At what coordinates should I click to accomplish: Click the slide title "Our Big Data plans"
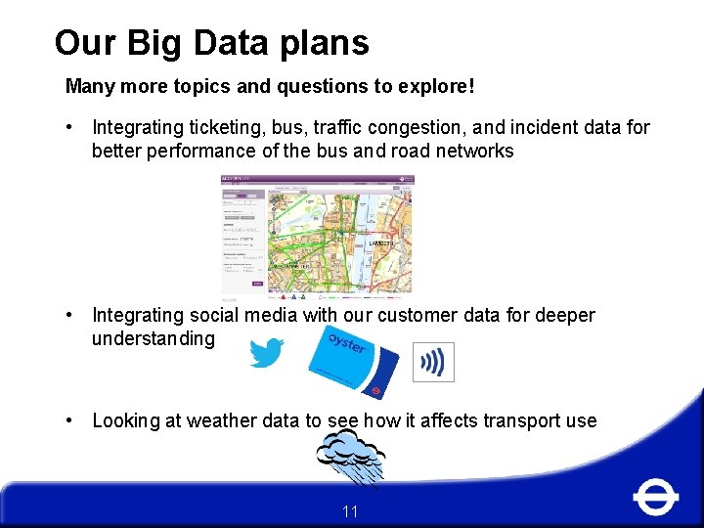click(x=211, y=43)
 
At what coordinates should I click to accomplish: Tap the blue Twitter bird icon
click(x=266, y=353)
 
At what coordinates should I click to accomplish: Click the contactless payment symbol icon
click(x=433, y=363)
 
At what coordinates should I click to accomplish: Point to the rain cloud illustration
click(x=351, y=455)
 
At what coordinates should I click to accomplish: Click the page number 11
click(x=351, y=511)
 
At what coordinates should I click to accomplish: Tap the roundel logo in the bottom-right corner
click(x=655, y=497)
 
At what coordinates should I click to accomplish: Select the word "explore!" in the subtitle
click(x=436, y=86)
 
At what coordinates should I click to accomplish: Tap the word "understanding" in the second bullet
click(x=153, y=338)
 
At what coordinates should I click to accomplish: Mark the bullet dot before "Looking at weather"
click(x=70, y=420)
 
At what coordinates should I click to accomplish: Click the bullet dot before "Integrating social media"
click(x=70, y=315)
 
